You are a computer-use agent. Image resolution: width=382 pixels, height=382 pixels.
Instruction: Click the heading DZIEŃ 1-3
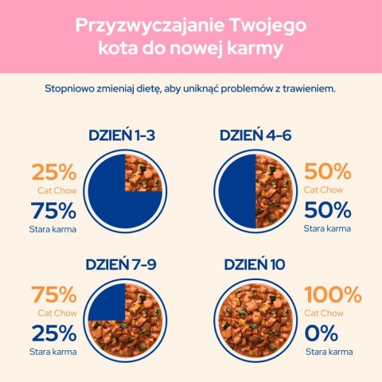click(x=121, y=135)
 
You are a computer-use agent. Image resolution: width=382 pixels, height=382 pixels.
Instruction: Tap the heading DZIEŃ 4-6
click(x=255, y=135)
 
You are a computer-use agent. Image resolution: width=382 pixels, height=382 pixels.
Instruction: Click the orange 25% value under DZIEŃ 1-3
click(x=53, y=172)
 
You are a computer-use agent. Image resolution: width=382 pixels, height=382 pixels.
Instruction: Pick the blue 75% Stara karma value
click(x=53, y=211)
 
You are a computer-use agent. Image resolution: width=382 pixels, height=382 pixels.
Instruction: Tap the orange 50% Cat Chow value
click(x=327, y=172)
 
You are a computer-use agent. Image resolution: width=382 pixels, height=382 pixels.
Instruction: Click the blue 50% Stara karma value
click(x=327, y=211)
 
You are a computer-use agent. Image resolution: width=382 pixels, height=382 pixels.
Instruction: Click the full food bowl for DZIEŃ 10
click(x=255, y=320)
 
